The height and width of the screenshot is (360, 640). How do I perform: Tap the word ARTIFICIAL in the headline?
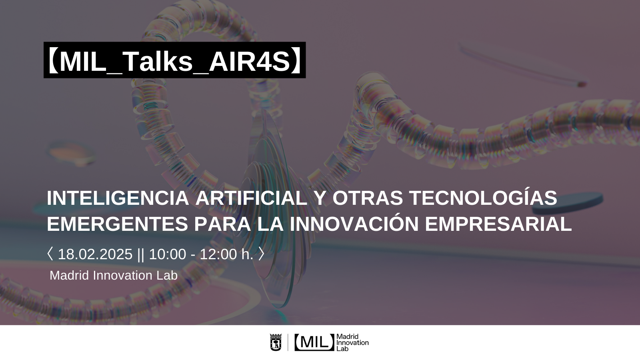(x=252, y=198)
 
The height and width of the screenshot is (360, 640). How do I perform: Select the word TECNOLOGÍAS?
(x=483, y=197)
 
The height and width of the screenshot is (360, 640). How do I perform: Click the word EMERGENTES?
(x=117, y=224)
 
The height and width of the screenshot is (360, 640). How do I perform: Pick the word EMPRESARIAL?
(x=498, y=224)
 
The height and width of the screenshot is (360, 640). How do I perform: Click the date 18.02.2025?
(x=95, y=254)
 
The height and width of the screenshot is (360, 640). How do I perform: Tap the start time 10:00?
(x=168, y=254)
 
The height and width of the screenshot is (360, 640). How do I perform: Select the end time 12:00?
(x=218, y=254)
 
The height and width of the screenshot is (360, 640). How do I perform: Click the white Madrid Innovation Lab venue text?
(x=114, y=276)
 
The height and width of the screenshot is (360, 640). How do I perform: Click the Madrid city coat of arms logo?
(x=276, y=342)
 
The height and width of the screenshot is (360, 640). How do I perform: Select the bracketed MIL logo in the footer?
(x=314, y=342)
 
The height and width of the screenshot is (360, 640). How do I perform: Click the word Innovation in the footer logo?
(x=352, y=342)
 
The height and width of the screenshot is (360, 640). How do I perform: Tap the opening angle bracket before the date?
(x=50, y=254)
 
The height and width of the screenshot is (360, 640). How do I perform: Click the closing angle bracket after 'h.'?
(x=261, y=254)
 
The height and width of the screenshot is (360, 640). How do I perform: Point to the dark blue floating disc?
(x=568, y=203)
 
